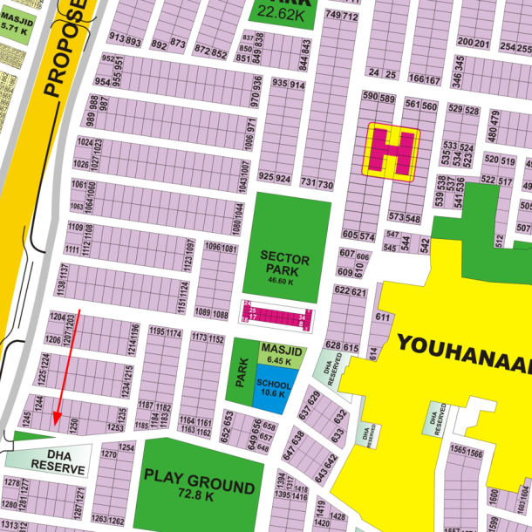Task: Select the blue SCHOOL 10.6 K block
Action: (x=274, y=387)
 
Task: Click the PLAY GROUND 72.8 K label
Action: (x=188, y=484)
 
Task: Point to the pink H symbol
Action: (x=392, y=151)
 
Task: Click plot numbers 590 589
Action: (x=379, y=98)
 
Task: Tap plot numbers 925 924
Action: (x=275, y=178)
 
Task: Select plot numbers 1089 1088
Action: (x=212, y=313)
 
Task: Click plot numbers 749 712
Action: (x=342, y=17)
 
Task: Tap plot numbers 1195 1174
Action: (x=165, y=332)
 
